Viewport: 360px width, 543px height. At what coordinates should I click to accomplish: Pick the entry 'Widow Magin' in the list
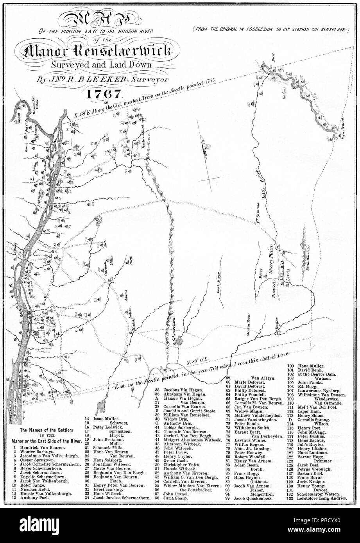249,412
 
